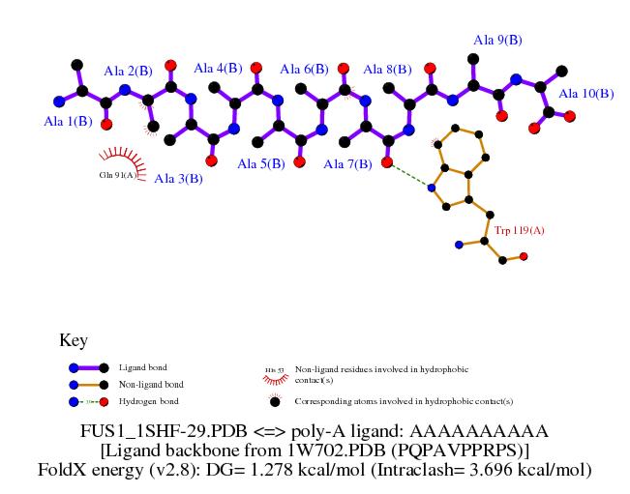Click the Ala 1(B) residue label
point(69,122)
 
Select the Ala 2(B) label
point(128,71)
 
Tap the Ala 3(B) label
point(178,178)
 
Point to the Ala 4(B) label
point(218,69)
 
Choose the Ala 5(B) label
point(261,164)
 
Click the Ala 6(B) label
point(304,70)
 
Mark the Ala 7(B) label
point(347,164)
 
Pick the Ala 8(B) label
point(387,70)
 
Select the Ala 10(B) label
point(586,94)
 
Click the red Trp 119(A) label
point(521,231)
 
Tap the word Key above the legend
point(74,340)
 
